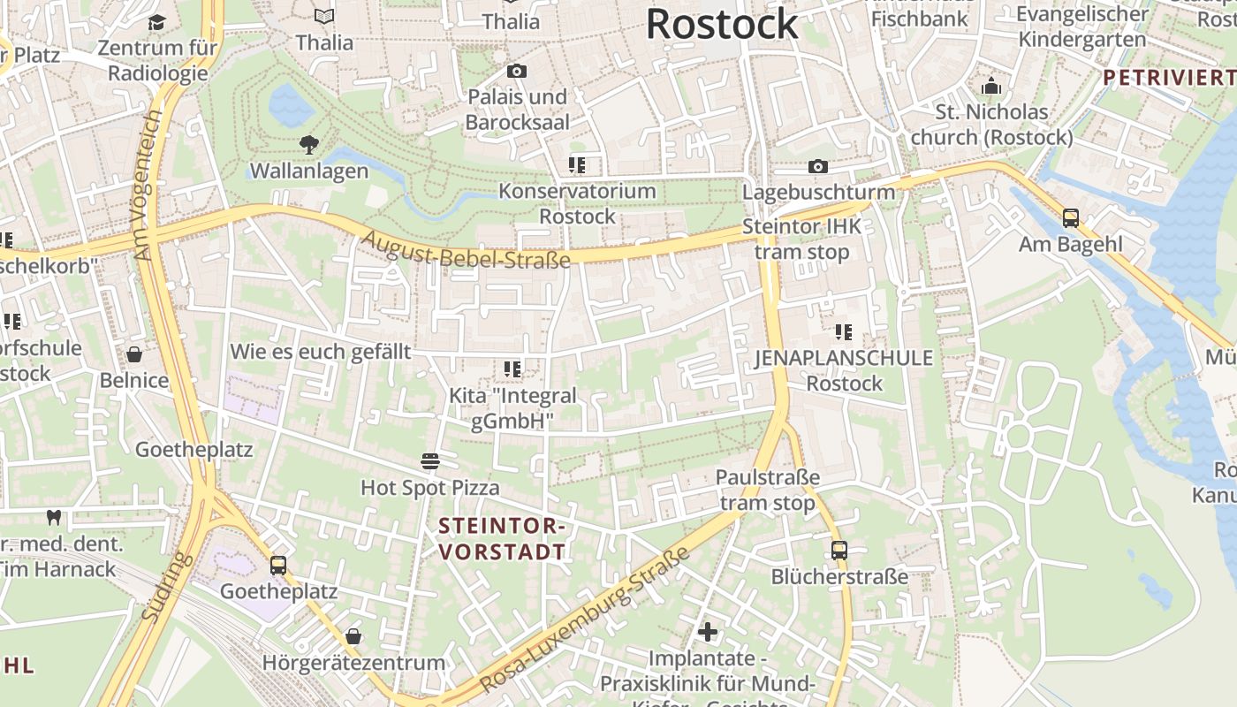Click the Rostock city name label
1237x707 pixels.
pos(722,24)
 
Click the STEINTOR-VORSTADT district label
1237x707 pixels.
pos(502,539)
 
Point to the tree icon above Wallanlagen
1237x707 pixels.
pos(309,144)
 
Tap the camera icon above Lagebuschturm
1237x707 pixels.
pos(818,166)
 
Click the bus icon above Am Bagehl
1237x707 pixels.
pos(1071,217)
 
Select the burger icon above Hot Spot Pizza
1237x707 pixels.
pos(430,460)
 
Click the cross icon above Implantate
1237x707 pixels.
pos(707,632)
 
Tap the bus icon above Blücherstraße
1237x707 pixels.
pos(839,550)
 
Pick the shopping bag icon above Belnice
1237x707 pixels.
pos(134,354)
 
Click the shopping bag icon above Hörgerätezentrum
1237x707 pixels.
pos(353,636)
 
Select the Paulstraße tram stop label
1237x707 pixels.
pos(767,490)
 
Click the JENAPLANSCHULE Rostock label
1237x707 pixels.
pos(844,370)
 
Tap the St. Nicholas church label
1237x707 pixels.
pos(991,125)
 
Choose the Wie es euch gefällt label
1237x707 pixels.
pos(320,352)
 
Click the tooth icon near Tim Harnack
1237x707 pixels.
pos(53,517)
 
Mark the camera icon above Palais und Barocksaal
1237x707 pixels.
pos(517,71)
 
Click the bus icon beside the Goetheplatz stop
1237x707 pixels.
pos(278,565)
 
